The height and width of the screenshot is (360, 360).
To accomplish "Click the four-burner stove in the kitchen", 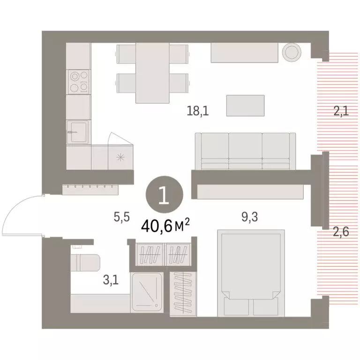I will pos(78,82).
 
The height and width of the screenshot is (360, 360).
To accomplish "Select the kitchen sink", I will pos(78,132).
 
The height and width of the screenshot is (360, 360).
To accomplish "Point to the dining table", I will pos(152,73).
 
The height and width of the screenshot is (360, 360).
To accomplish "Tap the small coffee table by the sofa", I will pos(246,105).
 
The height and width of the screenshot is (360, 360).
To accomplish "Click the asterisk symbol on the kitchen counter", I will pos(120,157).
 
